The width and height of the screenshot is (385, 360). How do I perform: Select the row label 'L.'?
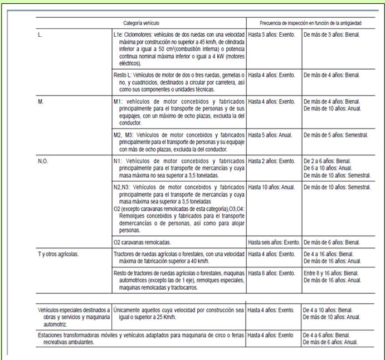coord(40,35)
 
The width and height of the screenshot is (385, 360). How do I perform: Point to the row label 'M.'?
coord(41,101)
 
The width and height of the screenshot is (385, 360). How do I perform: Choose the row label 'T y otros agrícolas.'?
coord(59,254)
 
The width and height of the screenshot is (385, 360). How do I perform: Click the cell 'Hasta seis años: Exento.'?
coord(274,242)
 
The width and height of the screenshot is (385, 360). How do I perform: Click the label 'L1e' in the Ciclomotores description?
coord(116,35)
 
